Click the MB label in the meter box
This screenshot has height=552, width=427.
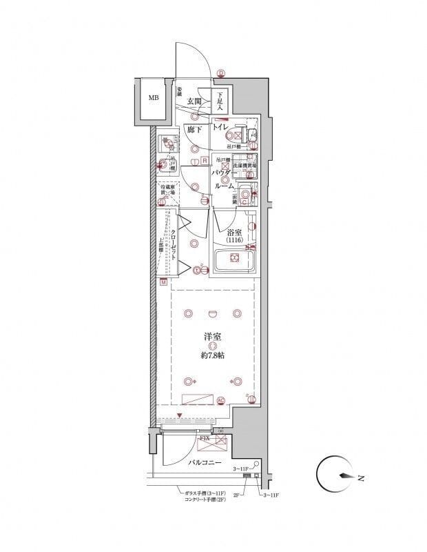(153, 98)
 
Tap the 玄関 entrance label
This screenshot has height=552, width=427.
(194, 101)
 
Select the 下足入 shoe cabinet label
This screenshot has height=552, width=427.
(220, 101)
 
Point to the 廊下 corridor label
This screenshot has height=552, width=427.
(194, 129)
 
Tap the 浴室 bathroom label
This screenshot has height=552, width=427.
(236, 232)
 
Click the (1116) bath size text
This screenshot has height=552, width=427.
(236, 240)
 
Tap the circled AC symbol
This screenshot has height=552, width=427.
(221, 400)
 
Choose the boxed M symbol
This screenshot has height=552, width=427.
(165, 282)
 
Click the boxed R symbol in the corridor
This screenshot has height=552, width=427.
(205, 161)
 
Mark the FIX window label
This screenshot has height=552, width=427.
(205, 438)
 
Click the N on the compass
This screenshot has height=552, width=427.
(361, 477)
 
